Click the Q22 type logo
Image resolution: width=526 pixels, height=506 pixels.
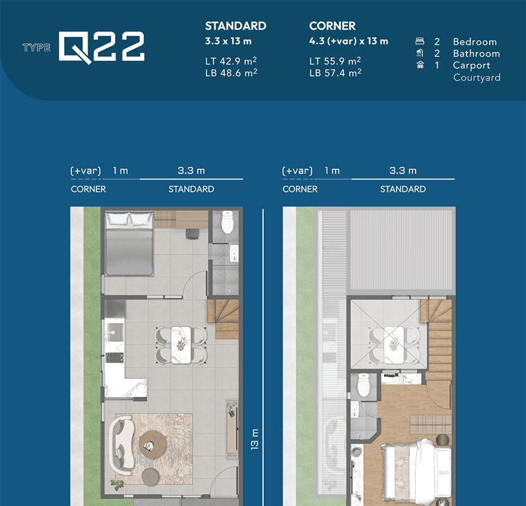pyautogui.click(x=101, y=47)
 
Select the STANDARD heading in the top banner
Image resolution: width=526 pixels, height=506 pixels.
pyautogui.click(x=236, y=26)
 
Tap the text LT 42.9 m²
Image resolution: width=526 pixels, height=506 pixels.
pyautogui.click(x=231, y=61)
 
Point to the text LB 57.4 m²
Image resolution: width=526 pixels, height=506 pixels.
pyautogui.click(x=335, y=73)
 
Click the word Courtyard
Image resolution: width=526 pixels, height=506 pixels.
pyautogui.click(x=477, y=77)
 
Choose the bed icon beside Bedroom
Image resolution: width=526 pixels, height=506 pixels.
pyautogui.click(x=420, y=41)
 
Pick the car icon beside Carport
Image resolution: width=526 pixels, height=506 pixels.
pyautogui.click(x=420, y=65)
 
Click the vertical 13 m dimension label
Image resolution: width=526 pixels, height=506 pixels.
pyautogui.click(x=255, y=439)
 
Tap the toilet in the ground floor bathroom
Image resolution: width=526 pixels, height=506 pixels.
pyautogui.click(x=227, y=222)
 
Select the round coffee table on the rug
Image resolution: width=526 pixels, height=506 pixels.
pyautogui.click(x=153, y=444)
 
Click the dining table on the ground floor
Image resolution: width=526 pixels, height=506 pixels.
pyautogui.click(x=181, y=345)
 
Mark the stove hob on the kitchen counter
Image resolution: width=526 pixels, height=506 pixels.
pyautogui.click(x=114, y=357)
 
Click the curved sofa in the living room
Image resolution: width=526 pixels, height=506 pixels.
pyautogui.click(x=121, y=445)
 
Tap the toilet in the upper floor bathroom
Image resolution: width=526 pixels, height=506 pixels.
pyautogui.click(x=363, y=385)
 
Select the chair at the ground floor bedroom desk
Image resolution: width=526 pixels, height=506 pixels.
pyautogui.click(x=192, y=234)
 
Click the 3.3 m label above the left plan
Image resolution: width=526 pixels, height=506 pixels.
pyautogui.click(x=191, y=171)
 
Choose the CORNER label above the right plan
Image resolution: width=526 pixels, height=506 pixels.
pyautogui.click(x=300, y=189)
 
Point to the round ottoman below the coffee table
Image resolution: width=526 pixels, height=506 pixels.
pyautogui.click(x=150, y=477)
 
